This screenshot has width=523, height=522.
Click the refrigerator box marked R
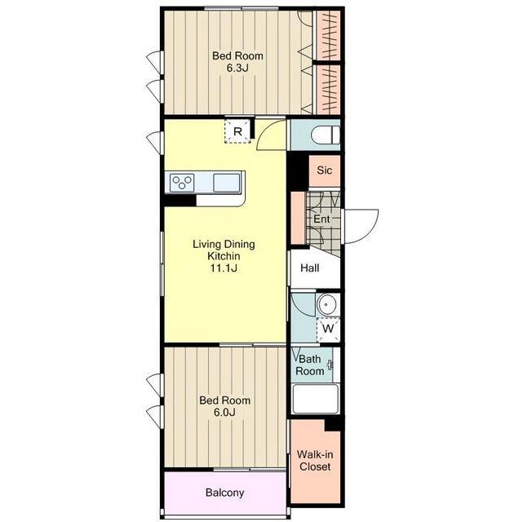pyautogui.click(x=237, y=131)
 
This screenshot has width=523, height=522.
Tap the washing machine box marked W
pyautogui.click(x=328, y=330)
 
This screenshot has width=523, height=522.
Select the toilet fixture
pyautogui.click(x=326, y=135)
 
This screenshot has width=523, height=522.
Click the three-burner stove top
pyautogui.click(x=182, y=183)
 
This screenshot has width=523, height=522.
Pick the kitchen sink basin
pyautogui.click(x=227, y=183)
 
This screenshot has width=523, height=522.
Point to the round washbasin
pyautogui.click(x=326, y=304)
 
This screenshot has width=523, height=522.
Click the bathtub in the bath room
pyautogui.click(x=316, y=399)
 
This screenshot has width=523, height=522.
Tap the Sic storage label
pyautogui.click(x=324, y=170)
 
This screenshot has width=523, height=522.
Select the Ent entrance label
pyautogui.click(x=321, y=219)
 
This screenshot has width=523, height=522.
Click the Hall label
pyautogui.click(x=309, y=268)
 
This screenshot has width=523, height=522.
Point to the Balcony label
pyautogui.click(x=225, y=493)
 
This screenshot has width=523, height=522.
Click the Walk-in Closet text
pyautogui.click(x=315, y=460)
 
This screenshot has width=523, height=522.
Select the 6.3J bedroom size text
pyautogui.click(x=237, y=68)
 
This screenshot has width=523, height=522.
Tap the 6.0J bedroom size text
pyautogui.click(x=224, y=413)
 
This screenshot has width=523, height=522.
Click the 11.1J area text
pyautogui.click(x=224, y=268)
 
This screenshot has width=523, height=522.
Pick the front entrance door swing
pyautogui.click(x=361, y=226)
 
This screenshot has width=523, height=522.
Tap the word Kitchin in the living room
pyautogui.click(x=224, y=256)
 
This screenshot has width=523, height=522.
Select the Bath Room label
pyautogui.click(x=309, y=365)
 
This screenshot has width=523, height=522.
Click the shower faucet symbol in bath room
pyautogui.click(x=330, y=365)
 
